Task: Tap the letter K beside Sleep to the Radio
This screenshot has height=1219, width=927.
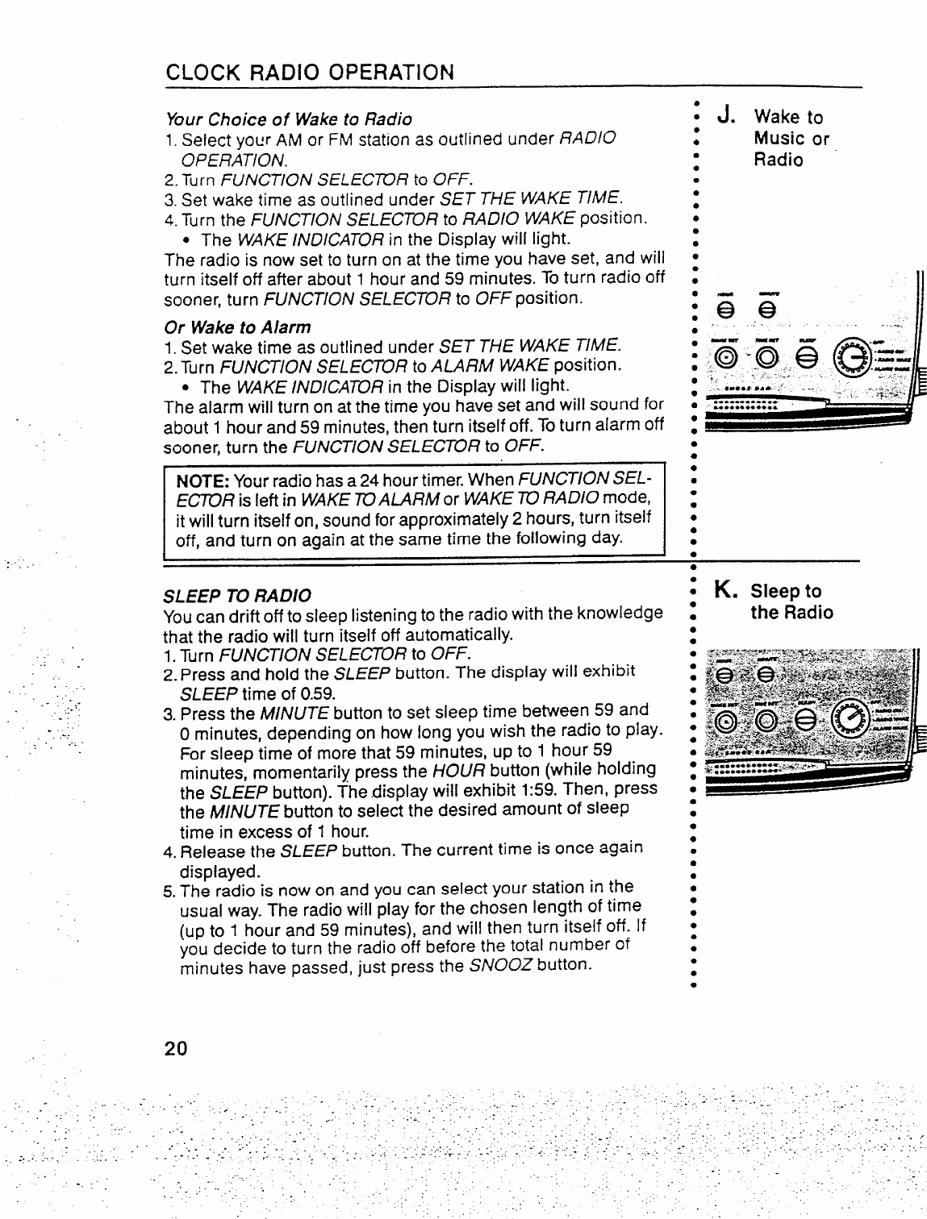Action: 723,591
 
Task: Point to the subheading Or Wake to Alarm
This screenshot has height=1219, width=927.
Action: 237,327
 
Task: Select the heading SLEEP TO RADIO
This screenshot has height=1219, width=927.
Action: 237,596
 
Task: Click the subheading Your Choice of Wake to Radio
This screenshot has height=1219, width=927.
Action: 288,119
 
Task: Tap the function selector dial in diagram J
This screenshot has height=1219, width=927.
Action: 856,354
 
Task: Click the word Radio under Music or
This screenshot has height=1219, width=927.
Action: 779,160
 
